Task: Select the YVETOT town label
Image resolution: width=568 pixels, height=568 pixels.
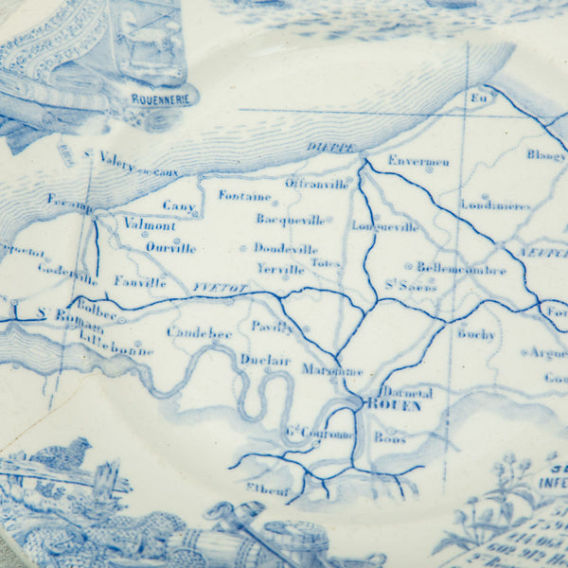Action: tap(212, 283)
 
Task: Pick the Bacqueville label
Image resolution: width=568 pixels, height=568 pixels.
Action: tap(290, 219)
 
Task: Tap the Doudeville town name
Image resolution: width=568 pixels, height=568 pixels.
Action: tap(285, 248)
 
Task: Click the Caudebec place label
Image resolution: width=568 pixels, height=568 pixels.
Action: tap(199, 332)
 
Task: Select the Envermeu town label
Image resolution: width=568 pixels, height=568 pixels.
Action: tap(417, 160)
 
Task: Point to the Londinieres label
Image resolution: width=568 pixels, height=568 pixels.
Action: tap(494, 204)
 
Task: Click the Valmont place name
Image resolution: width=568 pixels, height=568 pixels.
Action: tap(150, 225)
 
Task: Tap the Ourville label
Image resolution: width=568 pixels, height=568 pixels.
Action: tap(170, 248)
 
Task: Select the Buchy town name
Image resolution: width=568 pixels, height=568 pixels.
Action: tap(475, 333)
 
